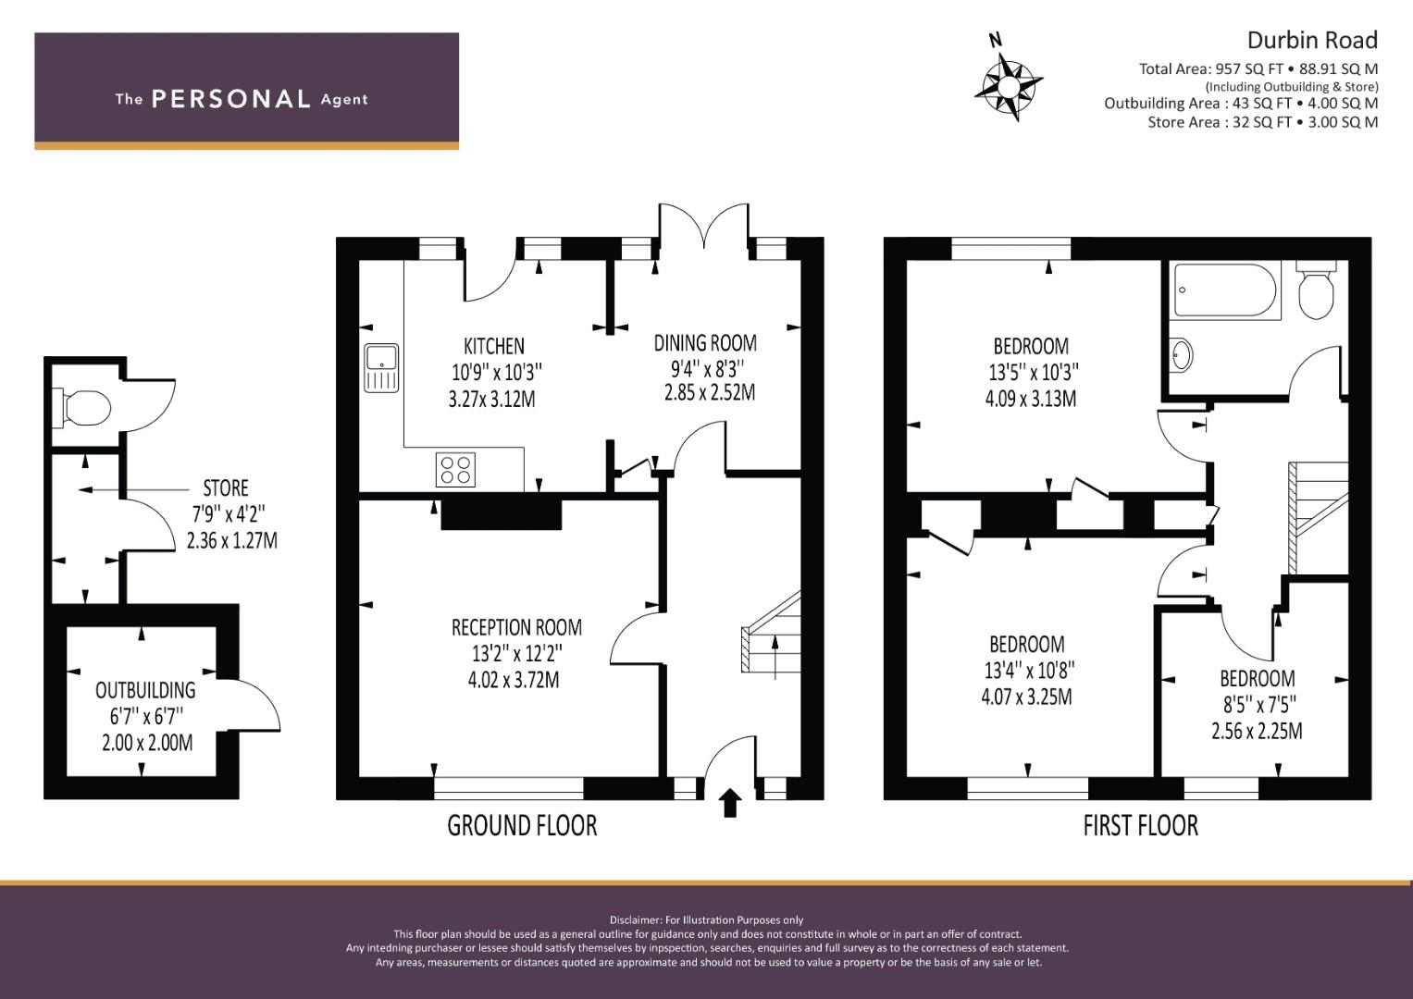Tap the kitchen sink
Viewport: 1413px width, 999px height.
pos(381,368)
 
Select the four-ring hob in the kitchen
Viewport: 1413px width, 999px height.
pos(455,470)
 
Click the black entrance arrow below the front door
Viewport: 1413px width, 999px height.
pos(730,803)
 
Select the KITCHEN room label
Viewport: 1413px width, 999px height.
pos(494,346)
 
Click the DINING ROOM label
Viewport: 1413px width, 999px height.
pos(705,343)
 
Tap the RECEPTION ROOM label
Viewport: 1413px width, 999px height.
pos(516,627)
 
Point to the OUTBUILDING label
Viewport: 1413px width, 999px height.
pos(145,691)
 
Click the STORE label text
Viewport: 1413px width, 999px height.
pos(226,488)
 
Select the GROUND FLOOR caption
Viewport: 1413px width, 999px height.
pos(522,826)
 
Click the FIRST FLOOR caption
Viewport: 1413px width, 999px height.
pos(1141,826)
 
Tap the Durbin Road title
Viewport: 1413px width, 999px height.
pos(1313,41)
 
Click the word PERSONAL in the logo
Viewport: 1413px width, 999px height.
pos(231,99)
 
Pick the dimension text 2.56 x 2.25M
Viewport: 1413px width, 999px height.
pos(1258,731)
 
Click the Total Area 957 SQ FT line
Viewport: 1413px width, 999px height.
pos(1258,68)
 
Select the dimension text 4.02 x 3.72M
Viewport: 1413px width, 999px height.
pos(514,681)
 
